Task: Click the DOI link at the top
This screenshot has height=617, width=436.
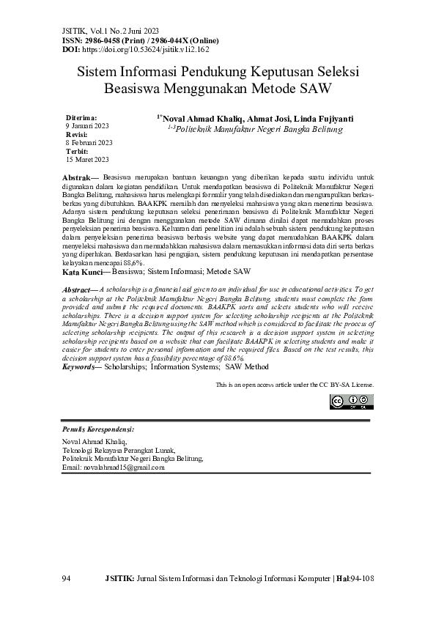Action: (147, 48)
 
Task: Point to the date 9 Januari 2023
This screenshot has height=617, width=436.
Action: (87, 126)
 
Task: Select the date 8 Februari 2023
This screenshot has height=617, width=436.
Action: (89, 142)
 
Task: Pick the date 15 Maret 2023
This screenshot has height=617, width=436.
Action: (87, 159)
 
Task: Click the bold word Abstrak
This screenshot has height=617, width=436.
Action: (76, 178)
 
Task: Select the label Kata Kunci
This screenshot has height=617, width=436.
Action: (81, 271)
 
